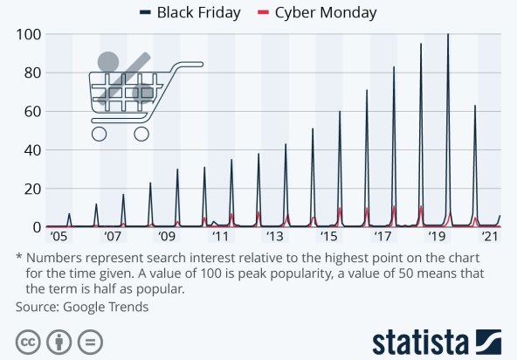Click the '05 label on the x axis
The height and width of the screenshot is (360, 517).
(x=59, y=237)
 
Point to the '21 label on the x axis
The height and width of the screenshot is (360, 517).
(x=490, y=237)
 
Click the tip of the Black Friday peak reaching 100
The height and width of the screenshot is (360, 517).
(x=448, y=35)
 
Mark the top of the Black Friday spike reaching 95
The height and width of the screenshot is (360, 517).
(x=421, y=45)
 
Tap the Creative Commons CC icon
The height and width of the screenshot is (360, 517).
(x=29, y=341)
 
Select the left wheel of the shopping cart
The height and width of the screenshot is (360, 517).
(x=99, y=134)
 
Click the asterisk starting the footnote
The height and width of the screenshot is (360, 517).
(x=19, y=258)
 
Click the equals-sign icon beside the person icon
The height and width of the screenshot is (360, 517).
(x=90, y=341)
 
